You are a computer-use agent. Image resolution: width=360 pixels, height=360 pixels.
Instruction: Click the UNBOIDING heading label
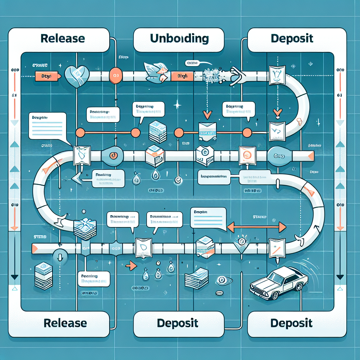(x=179, y=39)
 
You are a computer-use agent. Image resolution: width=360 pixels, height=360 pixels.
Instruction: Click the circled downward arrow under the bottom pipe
(x=59, y=256)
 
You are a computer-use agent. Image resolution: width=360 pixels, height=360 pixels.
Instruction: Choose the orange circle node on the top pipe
(x=116, y=75)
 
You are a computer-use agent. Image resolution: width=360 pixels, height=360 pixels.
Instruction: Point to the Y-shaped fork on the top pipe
(x=238, y=75)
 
